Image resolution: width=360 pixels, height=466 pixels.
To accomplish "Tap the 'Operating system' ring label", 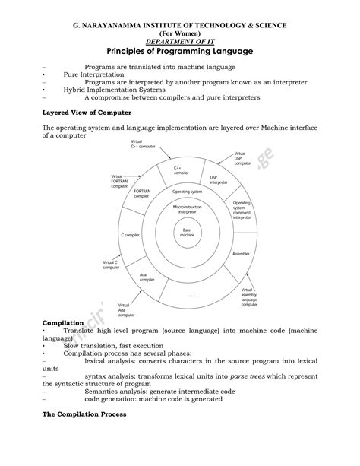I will pyautogui.click(x=187, y=192).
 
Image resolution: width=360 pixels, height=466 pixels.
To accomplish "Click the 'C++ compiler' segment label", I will pyautogui.click(x=181, y=170).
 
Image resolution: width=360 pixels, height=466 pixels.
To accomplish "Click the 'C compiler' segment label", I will pyautogui.click(x=131, y=236).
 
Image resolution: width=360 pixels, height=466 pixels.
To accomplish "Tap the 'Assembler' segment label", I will pyautogui.click(x=241, y=252).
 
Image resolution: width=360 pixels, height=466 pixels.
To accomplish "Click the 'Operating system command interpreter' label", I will pyautogui.click(x=242, y=211).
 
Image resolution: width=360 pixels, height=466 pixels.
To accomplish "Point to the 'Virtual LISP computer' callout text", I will pyautogui.click(x=242, y=158).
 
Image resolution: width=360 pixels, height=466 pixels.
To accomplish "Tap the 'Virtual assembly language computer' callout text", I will pyautogui.click(x=251, y=297).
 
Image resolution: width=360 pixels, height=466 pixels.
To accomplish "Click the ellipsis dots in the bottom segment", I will pyautogui.click(x=191, y=294).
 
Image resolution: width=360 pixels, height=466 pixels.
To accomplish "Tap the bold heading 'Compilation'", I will pyautogui.click(x=63, y=323).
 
